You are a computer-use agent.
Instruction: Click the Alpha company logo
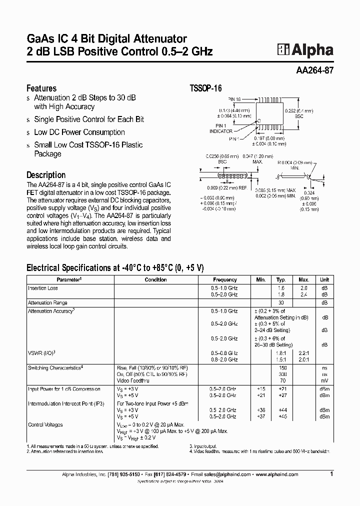pyautogui.click(x=305, y=49)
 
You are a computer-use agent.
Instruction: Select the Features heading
pyautogui.click(x=41, y=88)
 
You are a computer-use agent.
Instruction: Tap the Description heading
pyautogui.click(x=46, y=175)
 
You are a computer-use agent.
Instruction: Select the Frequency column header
pyautogui.click(x=224, y=280)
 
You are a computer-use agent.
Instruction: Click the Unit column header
pyautogui.click(x=324, y=280)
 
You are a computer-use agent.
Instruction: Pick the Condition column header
pyautogui.click(x=155, y=280)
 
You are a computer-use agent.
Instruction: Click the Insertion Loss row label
pyautogui.click(x=43, y=288)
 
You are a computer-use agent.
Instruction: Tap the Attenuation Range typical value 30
pyautogui.click(x=281, y=303)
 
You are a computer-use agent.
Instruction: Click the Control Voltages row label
pyautogui.click(x=45, y=424)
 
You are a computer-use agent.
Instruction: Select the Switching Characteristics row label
pyautogui.click(x=55, y=368)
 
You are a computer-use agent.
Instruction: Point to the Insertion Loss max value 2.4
pyautogui.click(x=304, y=294)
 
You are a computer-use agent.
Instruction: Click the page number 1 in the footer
pyautogui.click(x=331, y=473)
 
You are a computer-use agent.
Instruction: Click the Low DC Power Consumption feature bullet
pyautogui.click(x=79, y=132)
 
